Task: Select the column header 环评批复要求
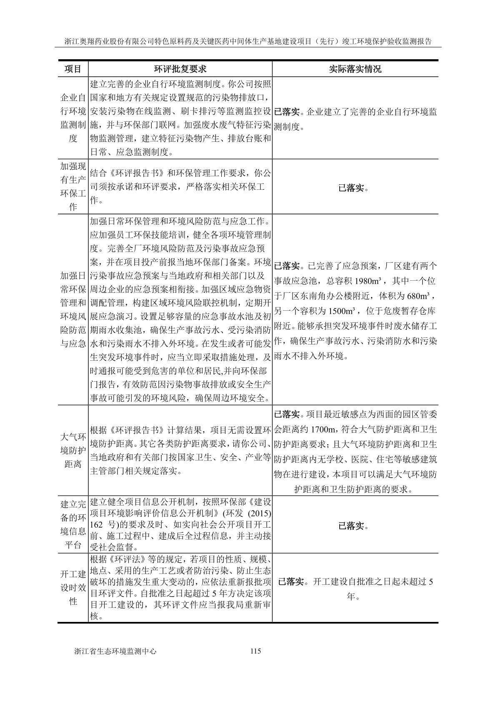click(x=180, y=69)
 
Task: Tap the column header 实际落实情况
click(x=355, y=69)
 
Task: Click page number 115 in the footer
click(x=256, y=651)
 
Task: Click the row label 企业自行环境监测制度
click(x=73, y=118)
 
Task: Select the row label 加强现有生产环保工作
click(x=73, y=186)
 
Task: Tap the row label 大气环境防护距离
click(x=73, y=450)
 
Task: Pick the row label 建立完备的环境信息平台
click(x=73, y=524)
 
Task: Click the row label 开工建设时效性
click(x=73, y=588)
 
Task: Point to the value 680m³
click(x=418, y=296)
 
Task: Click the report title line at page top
click(x=248, y=41)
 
